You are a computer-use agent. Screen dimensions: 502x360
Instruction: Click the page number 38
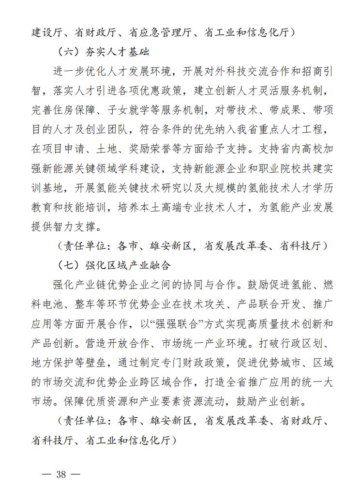pos(60,474)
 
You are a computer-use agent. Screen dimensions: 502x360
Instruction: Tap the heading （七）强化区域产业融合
pos(114,265)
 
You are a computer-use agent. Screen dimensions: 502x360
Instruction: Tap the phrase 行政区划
pos(299,342)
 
